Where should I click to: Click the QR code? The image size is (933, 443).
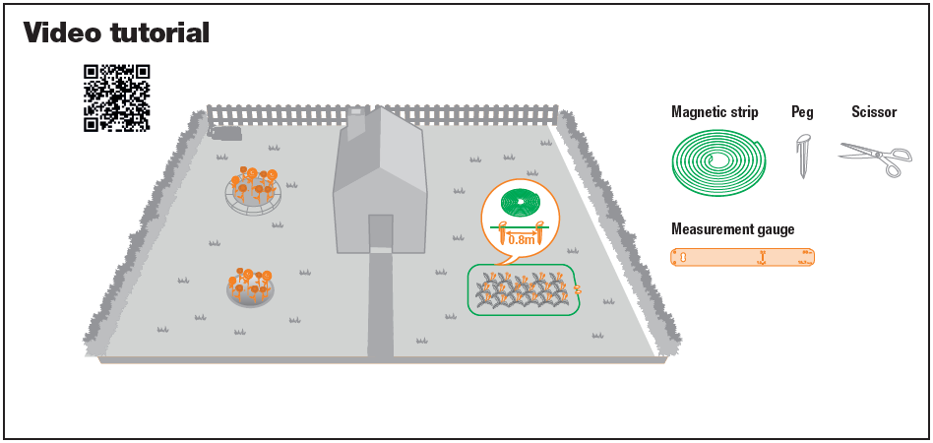point(116,97)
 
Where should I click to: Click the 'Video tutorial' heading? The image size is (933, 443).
point(116,32)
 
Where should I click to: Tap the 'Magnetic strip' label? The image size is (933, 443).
point(715,112)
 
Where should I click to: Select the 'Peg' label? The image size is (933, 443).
point(802,112)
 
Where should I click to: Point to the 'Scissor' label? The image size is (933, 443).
point(874,112)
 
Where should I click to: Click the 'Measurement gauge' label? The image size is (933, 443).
point(732,229)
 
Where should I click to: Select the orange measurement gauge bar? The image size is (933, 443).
point(743,257)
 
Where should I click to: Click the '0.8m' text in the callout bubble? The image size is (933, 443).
point(522,239)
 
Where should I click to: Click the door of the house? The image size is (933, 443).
point(380,232)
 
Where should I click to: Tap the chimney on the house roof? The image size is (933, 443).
point(356,120)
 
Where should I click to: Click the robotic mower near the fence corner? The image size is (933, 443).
point(227,132)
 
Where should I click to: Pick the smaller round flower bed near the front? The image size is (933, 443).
point(250,285)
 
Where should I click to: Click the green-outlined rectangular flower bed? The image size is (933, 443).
point(522,289)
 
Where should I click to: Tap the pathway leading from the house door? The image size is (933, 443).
point(380,305)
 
